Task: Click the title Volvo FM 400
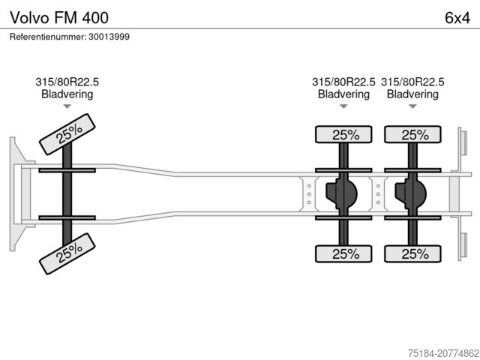point(49,16)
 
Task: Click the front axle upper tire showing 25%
point(67,134)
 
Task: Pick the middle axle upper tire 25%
point(344,135)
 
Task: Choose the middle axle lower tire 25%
point(344,253)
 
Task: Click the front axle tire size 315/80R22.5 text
point(67,82)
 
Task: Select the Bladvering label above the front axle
point(67,94)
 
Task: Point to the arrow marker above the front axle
point(67,107)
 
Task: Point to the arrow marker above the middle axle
point(344,107)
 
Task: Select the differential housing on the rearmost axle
point(409,193)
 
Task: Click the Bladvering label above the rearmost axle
point(413,94)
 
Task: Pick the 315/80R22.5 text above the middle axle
point(344,82)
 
